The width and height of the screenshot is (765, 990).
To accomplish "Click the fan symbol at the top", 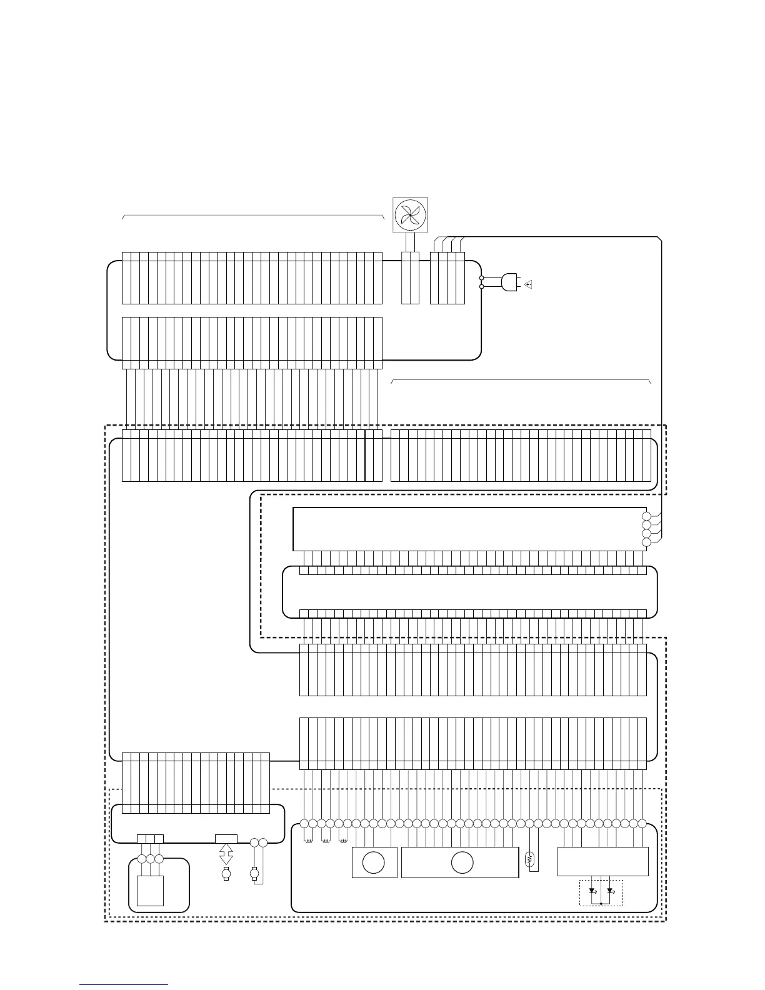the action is click(410, 216).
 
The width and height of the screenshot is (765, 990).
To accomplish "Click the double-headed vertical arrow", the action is click(226, 854).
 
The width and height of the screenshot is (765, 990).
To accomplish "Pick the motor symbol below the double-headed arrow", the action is click(226, 874).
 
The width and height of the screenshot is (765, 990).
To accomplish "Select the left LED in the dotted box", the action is click(592, 891).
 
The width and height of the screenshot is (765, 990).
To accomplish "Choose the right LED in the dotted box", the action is click(611, 891).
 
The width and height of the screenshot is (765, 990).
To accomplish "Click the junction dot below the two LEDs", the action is click(601, 903).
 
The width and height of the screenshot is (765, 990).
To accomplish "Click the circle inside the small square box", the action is click(374, 862).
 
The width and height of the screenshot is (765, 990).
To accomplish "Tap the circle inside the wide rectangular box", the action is click(462, 862).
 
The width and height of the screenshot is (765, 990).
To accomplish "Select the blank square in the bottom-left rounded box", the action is click(150, 890).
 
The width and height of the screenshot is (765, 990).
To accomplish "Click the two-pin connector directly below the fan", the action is click(410, 278).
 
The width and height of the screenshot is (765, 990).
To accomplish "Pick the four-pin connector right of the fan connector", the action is click(447, 278).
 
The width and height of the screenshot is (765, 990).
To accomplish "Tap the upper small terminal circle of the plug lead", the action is click(481, 277).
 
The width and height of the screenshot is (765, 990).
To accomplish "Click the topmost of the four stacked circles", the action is click(646, 516).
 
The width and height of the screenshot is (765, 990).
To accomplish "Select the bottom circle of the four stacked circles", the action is click(646, 542).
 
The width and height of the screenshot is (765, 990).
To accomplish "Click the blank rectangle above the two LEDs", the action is click(602, 862).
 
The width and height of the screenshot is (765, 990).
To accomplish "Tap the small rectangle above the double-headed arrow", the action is click(226, 838).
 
